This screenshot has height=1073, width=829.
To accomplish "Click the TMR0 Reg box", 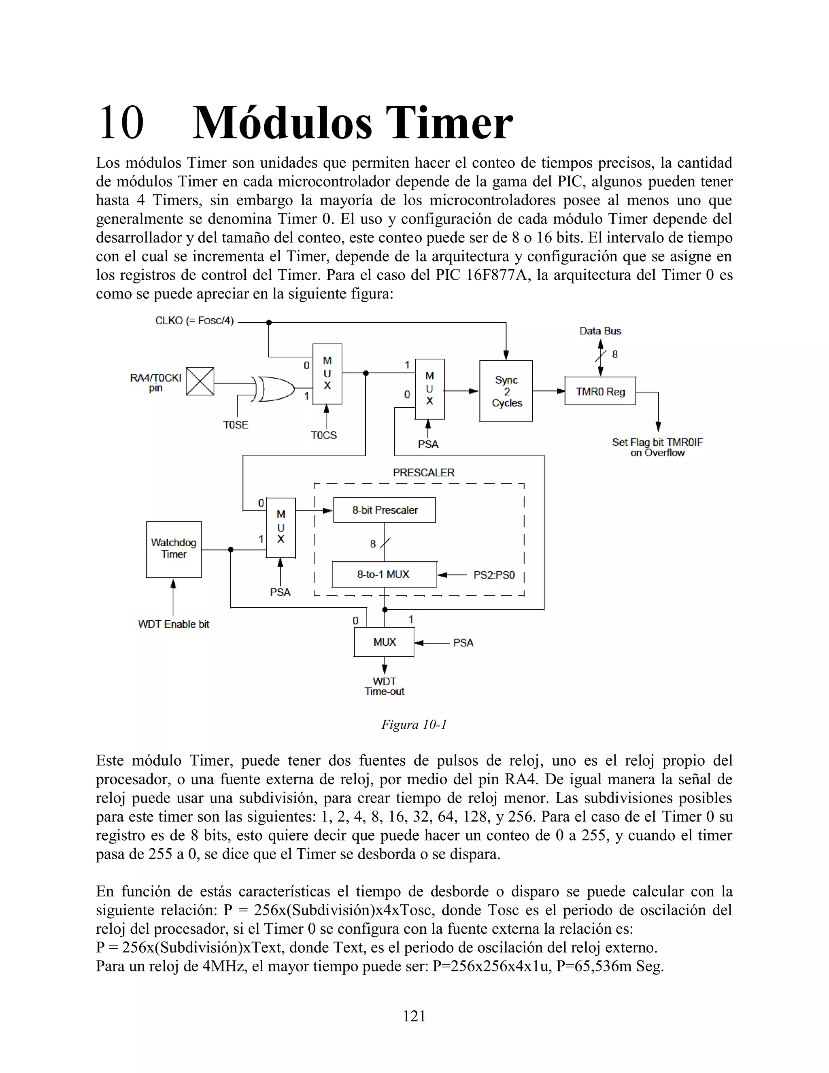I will click(600, 391).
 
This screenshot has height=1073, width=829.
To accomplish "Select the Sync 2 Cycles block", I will click(506, 391).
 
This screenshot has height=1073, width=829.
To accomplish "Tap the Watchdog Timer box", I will click(174, 549).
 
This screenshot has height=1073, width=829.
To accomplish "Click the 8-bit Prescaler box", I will click(384, 510).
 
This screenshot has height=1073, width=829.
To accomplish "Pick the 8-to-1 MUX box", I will click(384, 574).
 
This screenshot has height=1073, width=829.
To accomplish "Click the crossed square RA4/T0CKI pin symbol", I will click(200, 381).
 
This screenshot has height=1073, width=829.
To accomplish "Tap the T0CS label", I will click(324, 435).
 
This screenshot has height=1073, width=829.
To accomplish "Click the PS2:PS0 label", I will click(494, 575).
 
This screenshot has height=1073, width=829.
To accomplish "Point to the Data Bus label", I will click(600, 331).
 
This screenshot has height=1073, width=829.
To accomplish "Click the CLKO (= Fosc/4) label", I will click(194, 321).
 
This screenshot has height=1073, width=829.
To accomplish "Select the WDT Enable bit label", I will click(174, 624).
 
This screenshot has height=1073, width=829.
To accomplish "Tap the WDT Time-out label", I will click(384, 686).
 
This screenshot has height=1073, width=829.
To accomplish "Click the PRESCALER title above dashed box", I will click(423, 473).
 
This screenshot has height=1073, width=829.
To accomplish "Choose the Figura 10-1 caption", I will click(414, 725).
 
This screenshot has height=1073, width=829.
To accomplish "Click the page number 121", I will click(414, 1016).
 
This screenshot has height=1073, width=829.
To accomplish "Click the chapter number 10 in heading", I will click(121, 123).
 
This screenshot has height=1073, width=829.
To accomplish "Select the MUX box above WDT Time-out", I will click(384, 642).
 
